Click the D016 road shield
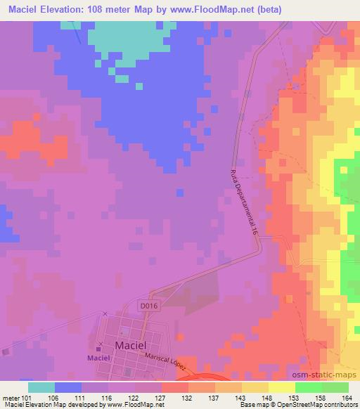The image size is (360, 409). click(x=146, y=306)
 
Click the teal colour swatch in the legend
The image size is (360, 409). click(x=41, y=387)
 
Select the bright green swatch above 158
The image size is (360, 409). click(x=308, y=387)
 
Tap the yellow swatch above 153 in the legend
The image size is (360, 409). click(x=281, y=387)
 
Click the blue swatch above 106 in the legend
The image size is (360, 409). click(x=68, y=387)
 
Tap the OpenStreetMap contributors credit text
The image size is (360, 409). click(x=317, y=405)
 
